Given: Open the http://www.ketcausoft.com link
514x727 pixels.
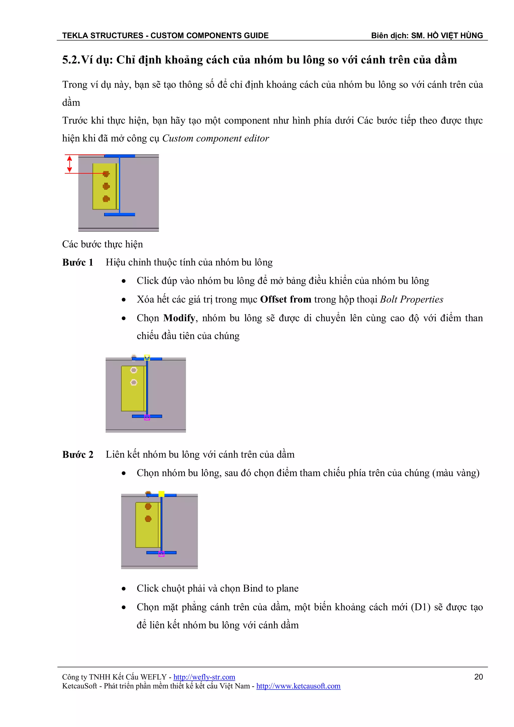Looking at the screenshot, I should (x=298, y=686).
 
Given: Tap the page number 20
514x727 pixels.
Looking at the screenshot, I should (x=478, y=677).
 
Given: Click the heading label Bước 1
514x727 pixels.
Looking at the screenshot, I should (x=78, y=262).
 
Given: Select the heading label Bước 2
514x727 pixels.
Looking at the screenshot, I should (x=78, y=455).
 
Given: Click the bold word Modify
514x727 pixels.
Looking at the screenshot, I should (x=179, y=318).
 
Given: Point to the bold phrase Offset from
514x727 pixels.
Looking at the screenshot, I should (x=285, y=300).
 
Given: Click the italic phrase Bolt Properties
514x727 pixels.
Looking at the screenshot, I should (x=411, y=300).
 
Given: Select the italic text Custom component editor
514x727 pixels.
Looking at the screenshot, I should (x=216, y=138).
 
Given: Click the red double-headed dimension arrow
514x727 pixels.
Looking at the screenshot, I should (x=70, y=164).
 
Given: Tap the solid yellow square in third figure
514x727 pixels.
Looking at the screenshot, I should (x=161, y=494).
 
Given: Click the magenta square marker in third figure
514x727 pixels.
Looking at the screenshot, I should (x=161, y=554).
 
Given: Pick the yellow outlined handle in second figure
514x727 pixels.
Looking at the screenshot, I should (x=147, y=358).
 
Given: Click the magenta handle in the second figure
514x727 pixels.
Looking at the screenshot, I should (x=147, y=418).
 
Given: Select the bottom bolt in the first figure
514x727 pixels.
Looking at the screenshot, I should (x=106, y=199).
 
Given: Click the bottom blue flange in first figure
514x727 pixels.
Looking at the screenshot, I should (x=120, y=215).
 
